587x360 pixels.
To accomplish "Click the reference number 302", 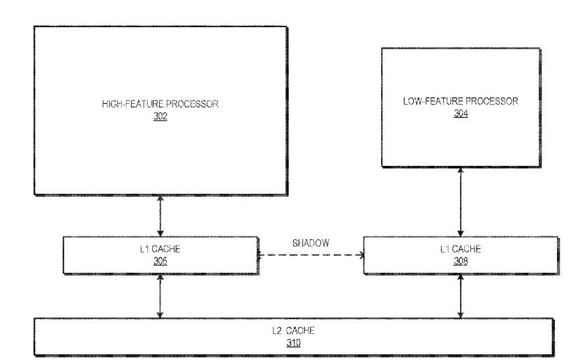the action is [161, 116].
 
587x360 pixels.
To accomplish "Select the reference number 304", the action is [461, 113].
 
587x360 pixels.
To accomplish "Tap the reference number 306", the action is [161, 261].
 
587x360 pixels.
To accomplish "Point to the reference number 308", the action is [461, 261].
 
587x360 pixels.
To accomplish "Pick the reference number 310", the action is [293, 343].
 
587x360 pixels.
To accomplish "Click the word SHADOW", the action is [311, 243].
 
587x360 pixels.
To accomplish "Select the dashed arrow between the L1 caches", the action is [311, 255].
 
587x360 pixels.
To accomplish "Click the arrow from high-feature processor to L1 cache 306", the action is [161, 216].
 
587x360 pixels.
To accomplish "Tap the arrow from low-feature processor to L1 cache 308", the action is [461, 202].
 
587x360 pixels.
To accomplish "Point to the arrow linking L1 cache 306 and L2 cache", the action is [161, 297].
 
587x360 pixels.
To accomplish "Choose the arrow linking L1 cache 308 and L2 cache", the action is [461, 297].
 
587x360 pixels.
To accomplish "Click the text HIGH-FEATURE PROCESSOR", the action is [161, 104].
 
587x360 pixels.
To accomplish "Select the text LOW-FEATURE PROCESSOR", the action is [461, 101].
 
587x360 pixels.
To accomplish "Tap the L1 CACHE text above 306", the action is [161, 249].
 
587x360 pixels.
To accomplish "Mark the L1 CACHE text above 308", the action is [461, 249].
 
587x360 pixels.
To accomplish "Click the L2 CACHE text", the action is [293, 331].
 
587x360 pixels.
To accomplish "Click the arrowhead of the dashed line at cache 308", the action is [362, 255].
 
